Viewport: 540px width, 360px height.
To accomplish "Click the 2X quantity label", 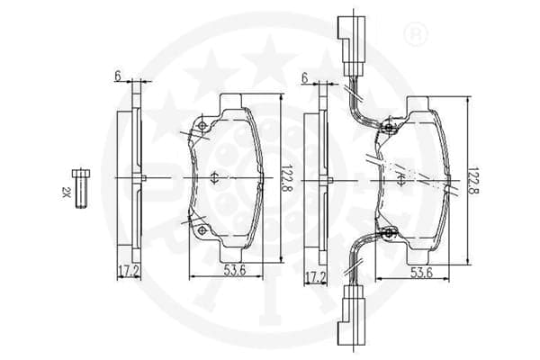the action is coord(66,192).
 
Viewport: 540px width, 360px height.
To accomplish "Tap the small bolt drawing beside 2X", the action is coord(81,189).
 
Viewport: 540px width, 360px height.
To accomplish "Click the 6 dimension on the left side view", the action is coord(118,76).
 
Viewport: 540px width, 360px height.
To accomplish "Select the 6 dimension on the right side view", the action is coord(304,78).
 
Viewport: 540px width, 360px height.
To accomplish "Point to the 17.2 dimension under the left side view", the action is coord(128,272).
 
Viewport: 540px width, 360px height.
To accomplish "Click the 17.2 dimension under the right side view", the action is coord(315,276).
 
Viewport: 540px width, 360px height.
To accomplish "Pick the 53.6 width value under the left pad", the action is coord(235,270).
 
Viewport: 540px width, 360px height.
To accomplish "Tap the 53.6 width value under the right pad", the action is coord(421,273).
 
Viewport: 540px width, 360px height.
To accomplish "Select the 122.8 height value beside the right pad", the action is coord(474,181).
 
